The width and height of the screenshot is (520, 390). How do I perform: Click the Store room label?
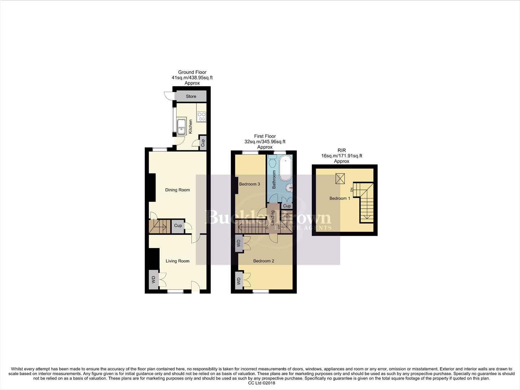pyautogui.click(x=191, y=96)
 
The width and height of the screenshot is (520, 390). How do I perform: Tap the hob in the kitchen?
pyautogui.click(x=201, y=116)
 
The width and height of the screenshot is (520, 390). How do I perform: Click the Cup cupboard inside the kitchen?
pyautogui.click(x=203, y=143)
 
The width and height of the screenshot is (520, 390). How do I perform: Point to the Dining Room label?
pyautogui.click(x=177, y=190)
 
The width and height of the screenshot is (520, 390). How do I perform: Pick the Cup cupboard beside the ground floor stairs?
pyautogui.click(x=178, y=226)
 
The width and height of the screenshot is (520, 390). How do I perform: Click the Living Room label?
pyautogui.click(x=177, y=261)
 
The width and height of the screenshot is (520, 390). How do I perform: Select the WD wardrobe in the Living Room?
pyautogui.click(x=153, y=279)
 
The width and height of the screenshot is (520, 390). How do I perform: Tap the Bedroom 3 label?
pyautogui.click(x=249, y=184)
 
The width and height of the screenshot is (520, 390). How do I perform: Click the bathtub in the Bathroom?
pyautogui.click(x=286, y=169)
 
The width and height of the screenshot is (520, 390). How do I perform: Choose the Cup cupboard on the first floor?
pyautogui.click(x=287, y=206)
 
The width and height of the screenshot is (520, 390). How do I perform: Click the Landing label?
pyautogui.click(x=273, y=218)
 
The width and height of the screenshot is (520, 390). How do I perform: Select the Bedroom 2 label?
pyautogui.click(x=264, y=261)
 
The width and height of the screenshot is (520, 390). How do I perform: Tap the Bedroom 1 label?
pyautogui.click(x=340, y=198)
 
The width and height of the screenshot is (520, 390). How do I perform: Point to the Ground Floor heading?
pyautogui.click(x=192, y=72)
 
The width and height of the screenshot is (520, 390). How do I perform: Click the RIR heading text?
pyautogui.click(x=341, y=151)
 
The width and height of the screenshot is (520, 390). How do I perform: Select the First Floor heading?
pyautogui.click(x=265, y=136)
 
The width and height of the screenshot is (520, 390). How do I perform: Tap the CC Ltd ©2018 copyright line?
pyautogui.click(x=260, y=383)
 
